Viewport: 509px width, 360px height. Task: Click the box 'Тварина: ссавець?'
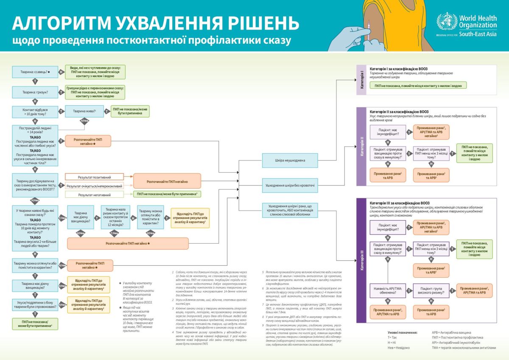tap(35, 72)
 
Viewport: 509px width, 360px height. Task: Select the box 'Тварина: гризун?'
tap(35, 92)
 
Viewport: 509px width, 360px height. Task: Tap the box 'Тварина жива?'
tap(84, 111)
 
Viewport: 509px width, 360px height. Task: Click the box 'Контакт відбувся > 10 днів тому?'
tap(35, 111)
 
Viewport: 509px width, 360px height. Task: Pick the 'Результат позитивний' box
tap(94, 177)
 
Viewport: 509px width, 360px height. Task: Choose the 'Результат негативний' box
tap(94, 195)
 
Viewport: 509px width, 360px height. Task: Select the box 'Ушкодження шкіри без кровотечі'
tap(290, 185)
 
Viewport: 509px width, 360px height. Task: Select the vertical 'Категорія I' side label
tap(361, 79)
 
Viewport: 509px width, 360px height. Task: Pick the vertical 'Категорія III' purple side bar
tap(361, 260)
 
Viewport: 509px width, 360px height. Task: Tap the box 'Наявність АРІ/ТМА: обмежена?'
tap(388, 290)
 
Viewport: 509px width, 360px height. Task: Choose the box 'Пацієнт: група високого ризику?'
tap(431, 290)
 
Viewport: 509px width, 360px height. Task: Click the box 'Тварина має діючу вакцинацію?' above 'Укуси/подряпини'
tap(35, 285)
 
